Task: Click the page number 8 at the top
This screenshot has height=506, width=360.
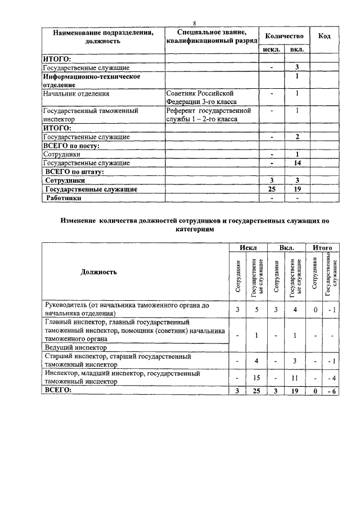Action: (194, 23)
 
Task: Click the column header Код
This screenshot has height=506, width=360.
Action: (324, 36)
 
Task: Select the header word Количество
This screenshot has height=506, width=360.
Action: (285, 36)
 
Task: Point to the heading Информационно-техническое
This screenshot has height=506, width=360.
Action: (92, 76)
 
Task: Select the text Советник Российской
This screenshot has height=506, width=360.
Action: (200, 93)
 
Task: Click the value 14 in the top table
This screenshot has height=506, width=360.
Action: (297, 163)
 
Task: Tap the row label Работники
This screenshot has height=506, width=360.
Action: (64, 198)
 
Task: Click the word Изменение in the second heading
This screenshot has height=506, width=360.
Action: (78, 222)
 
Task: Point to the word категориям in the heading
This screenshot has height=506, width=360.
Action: (194, 230)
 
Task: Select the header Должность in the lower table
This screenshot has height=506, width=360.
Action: (99, 272)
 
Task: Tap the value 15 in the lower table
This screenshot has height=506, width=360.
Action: (256, 377)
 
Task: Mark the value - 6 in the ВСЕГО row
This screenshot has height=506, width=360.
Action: (331, 391)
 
